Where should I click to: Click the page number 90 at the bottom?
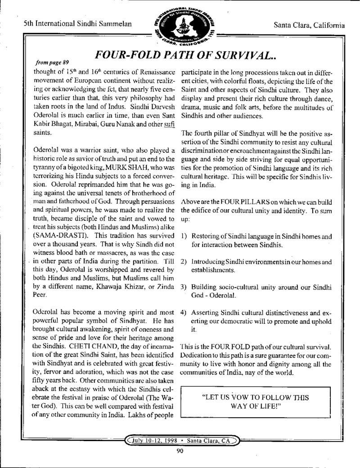coord(180,452)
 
